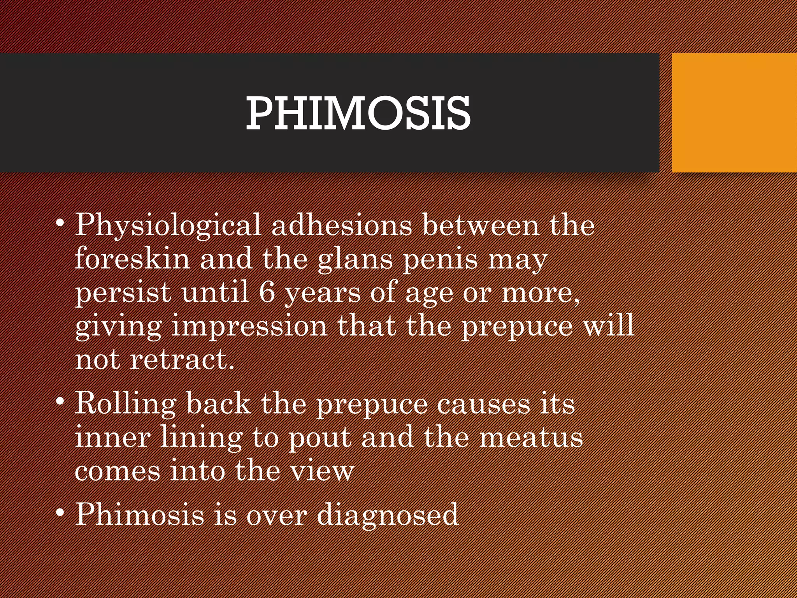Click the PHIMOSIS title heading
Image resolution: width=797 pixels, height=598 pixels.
click(x=358, y=113)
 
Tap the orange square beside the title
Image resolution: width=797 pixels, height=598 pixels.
click(x=734, y=113)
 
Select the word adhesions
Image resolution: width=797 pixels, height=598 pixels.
click(x=341, y=225)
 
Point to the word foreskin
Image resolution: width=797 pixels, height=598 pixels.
click(x=132, y=259)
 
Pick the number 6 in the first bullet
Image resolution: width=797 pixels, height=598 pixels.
click(x=267, y=292)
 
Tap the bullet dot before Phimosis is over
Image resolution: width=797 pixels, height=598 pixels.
click(x=60, y=513)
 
